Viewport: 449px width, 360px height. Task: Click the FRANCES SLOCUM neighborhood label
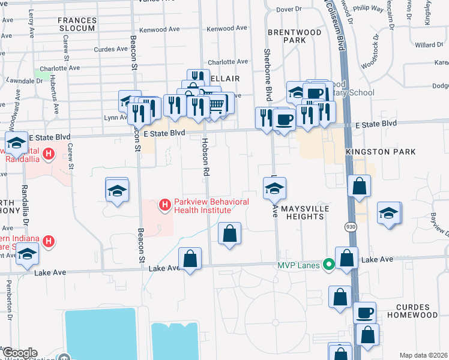pos(76,24)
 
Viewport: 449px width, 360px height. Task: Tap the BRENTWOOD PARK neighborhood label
pos(287,35)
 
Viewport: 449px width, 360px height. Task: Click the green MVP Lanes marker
pos(328,264)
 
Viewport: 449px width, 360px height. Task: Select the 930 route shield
pos(351,227)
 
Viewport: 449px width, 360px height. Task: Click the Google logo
pos(19,353)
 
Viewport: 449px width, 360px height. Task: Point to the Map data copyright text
pos(424,355)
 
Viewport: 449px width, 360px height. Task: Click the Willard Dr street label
pos(429,45)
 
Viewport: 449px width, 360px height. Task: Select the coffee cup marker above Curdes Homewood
pos(364,313)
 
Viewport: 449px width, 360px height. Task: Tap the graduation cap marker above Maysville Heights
pos(274,188)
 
